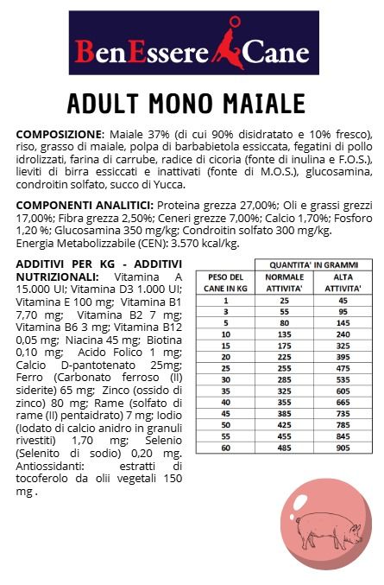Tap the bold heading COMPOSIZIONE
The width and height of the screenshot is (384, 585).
click(58, 136)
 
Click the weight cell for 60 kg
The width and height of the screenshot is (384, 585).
click(224, 448)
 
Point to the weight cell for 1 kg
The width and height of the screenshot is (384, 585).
click(224, 300)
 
